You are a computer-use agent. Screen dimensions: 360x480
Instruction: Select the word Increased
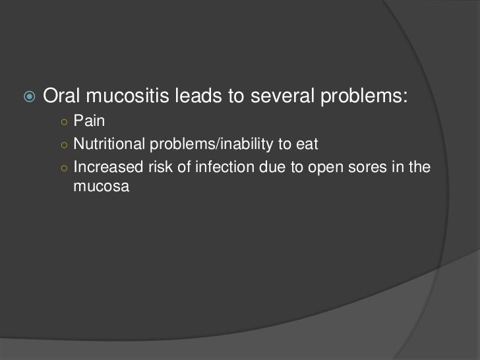102,167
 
